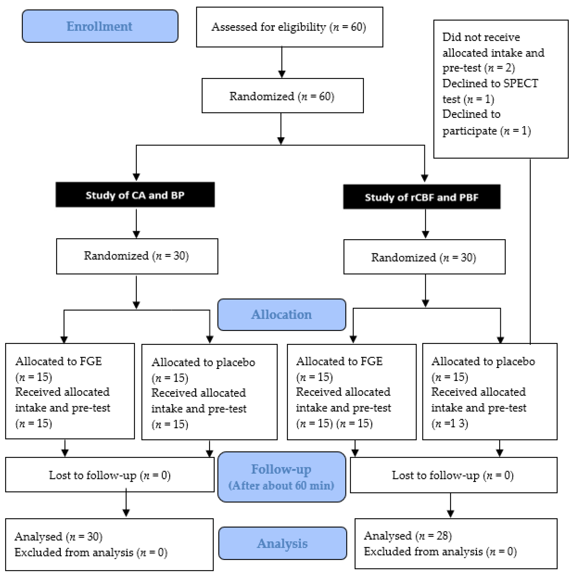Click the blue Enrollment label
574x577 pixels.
(x=100, y=26)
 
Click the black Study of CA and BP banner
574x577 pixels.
(x=135, y=195)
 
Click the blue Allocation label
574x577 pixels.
(x=281, y=314)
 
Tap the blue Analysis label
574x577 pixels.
(x=282, y=543)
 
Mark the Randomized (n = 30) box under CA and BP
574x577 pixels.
(x=137, y=256)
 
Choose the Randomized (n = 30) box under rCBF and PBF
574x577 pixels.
(x=424, y=257)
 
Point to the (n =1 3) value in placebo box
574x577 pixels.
(x=450, y=423)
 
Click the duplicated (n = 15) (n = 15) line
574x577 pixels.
(x=335, y=423)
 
